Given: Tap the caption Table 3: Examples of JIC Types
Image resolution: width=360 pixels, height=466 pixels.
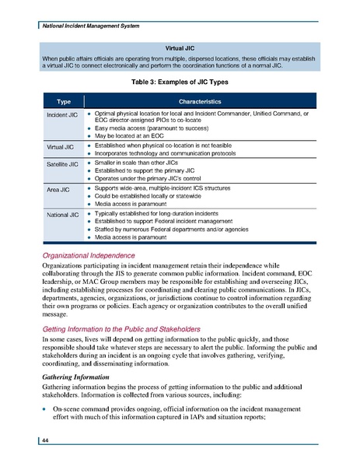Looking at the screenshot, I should [180, 81].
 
